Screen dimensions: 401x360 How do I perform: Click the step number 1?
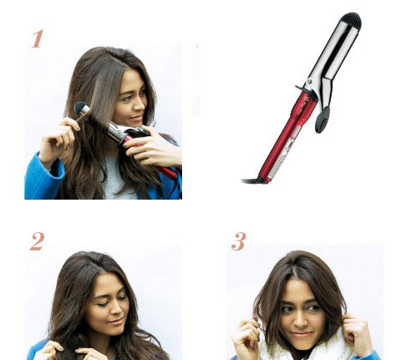(x=38, y=38)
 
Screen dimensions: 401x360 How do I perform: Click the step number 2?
(x=38, y=241)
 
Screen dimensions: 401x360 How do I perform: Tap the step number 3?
(x=239, y=241)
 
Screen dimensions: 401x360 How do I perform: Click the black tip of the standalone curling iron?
(x=352, y=20)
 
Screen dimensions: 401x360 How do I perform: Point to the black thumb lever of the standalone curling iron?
(x=322, y=120)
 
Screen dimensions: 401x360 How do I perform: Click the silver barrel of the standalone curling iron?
(x=333, y=53)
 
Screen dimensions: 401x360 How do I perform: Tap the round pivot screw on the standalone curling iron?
(x=308, y=82)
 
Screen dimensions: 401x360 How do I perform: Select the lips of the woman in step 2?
(x=116, y=322)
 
